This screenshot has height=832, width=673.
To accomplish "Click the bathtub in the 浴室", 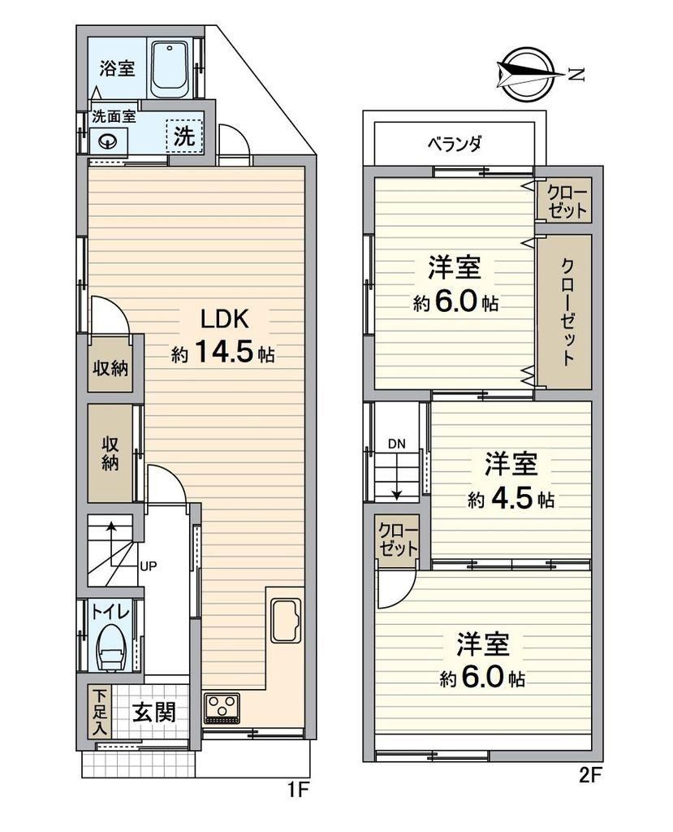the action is (x=169, y=69).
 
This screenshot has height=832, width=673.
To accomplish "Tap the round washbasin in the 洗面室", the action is (x=109, y=141).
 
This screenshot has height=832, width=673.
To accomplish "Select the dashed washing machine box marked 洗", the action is (x=184, y=136).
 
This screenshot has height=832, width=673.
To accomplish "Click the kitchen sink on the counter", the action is (x=286, y=620).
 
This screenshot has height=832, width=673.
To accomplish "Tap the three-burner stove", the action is (x=222, y=708).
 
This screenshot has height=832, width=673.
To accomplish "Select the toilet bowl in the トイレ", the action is (x=111, y=648).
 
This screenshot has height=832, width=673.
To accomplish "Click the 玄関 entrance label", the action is (x=153, y=712).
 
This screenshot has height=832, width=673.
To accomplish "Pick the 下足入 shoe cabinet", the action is (x=99, y=711).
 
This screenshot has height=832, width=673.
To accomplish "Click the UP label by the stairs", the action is (x=148, y=566).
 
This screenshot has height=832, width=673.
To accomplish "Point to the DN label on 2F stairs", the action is (x=396, y=444).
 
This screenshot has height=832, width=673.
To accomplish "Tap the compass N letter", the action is (x=576, y=76).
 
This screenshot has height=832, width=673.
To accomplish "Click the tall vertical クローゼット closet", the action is (x=564, y=311).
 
